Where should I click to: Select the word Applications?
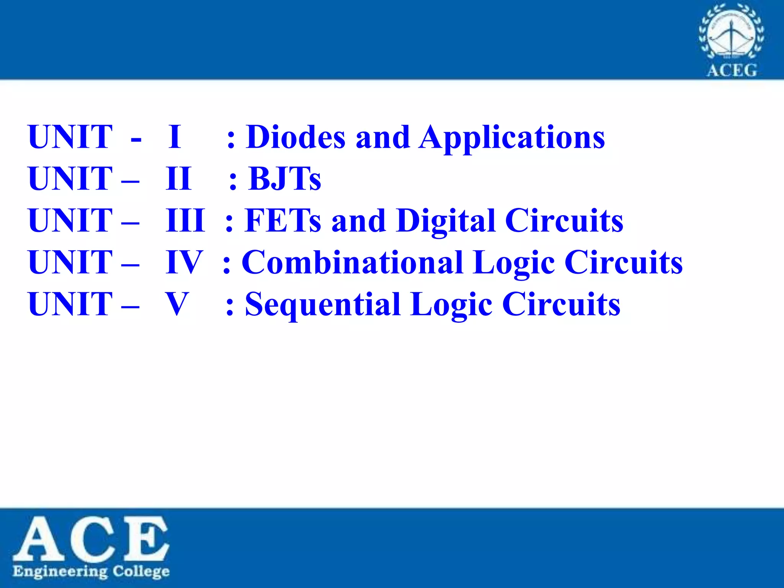[512, 139]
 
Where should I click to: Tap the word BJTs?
[285, 179]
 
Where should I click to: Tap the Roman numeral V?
[177, 304]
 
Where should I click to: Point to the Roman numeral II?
[178, 179]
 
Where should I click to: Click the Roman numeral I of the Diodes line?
[175, 137]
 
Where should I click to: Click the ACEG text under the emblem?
[732, 71]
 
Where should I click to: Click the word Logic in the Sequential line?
[451, 305]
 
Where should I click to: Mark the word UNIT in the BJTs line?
[70, 179]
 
